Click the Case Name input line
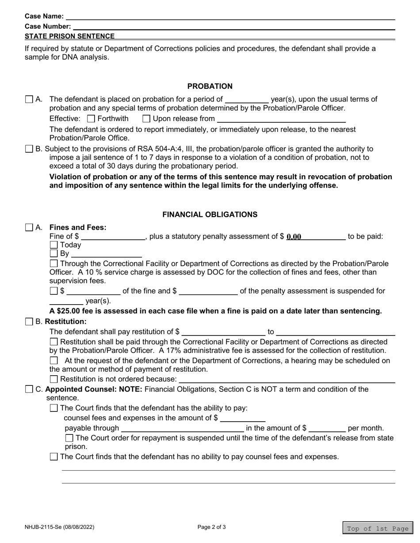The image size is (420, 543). click(x=230, y=16)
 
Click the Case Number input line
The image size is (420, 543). click(x=233, y=26)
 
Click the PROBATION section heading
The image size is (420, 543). click(x=210, y=87)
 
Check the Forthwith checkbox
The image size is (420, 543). click(x=91, y=119)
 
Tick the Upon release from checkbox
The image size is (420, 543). click(x=146, y=119)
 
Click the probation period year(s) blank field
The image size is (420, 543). click(x=247, y=99)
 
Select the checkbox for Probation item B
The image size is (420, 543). click(x=29, y=149)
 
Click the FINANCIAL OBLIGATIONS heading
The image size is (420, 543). click(x=210, y=215)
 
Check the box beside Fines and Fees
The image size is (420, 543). click(x=29, y=228)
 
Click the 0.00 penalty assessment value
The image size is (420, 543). click(x=294, y=237)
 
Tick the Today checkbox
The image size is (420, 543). click(x=53, y=245)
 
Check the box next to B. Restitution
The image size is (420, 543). click(x=29, y=322)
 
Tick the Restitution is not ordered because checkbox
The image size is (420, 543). click(x=53, y=379)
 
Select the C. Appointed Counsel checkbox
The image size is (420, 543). click(x=29, y=389)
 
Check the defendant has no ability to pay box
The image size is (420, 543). click(x=53, y=457)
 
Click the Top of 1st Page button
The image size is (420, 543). click(x=377, y=529)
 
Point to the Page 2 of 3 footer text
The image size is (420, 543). click(x=212, y=527)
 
